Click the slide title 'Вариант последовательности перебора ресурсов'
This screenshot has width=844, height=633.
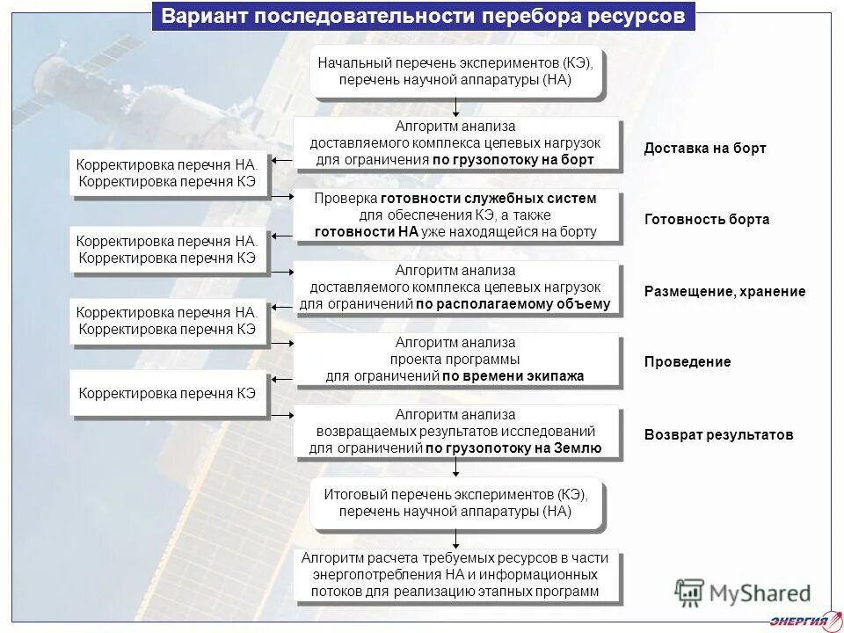coord(423,17)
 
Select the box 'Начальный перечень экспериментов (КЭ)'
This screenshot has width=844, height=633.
coord(455,71)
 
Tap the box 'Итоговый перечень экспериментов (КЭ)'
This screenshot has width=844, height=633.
coord(455,503)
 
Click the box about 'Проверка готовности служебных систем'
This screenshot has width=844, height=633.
coord(455,215)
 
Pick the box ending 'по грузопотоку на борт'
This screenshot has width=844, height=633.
coord(455,143)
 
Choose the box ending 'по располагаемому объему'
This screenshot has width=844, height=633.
coord(455,288)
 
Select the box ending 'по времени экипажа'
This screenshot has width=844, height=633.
coord(455,360)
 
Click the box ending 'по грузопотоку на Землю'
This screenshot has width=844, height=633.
coord(455,432)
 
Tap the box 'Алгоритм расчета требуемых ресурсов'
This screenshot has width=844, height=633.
coord(455,575)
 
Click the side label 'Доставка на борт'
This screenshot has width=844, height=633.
coord(705,148)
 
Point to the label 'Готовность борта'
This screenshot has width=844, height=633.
coord(707,220)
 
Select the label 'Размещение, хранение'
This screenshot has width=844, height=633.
coord(724,292)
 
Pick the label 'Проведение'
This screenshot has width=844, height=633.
coord(688,362)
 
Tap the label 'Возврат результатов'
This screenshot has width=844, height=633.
coord(718,434)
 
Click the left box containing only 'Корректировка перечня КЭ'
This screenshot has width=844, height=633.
coord(167,393)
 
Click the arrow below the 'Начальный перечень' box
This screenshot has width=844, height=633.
coord(456,107)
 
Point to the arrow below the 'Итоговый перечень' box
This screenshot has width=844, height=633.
coord(456,540)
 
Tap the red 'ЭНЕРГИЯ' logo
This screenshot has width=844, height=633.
coord(797,622)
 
